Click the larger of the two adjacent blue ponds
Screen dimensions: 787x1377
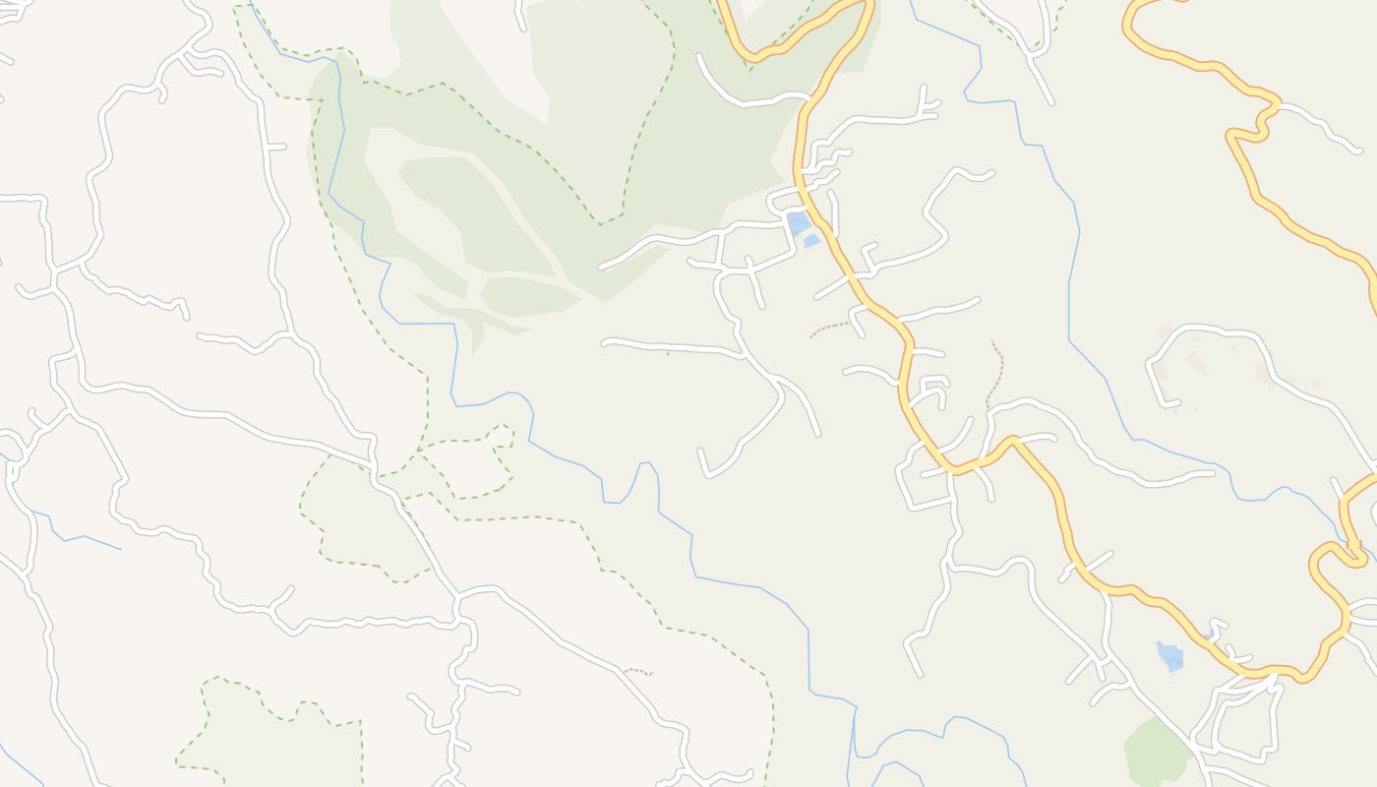pos(798,223)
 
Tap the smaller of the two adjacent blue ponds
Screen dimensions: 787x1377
pos(811,240)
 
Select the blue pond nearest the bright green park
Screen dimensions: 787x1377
pos(1169,656)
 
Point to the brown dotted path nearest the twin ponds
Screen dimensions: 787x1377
pos(828,328)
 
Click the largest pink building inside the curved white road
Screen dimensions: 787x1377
pos(1196,363)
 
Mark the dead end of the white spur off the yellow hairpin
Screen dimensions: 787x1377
pos(1359,151)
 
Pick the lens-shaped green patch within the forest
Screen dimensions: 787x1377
pos(528,296)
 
